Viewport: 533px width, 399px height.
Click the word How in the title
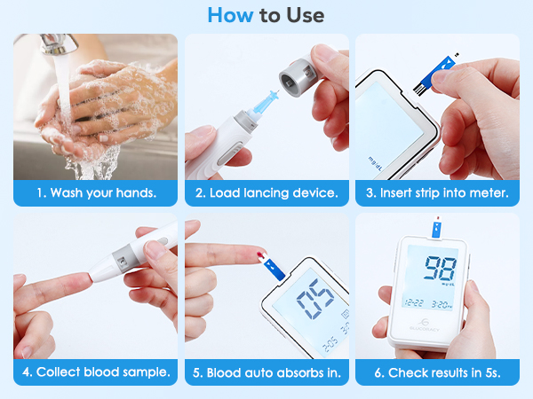click(227, 15)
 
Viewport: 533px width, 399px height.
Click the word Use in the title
click(304, 15)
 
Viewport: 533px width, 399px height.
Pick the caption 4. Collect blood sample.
click(96, 372)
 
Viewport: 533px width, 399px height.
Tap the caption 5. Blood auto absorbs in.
click(267, 372)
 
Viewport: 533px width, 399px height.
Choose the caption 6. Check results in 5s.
click(438, 372)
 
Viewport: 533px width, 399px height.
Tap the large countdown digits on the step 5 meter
click(313, 301)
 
